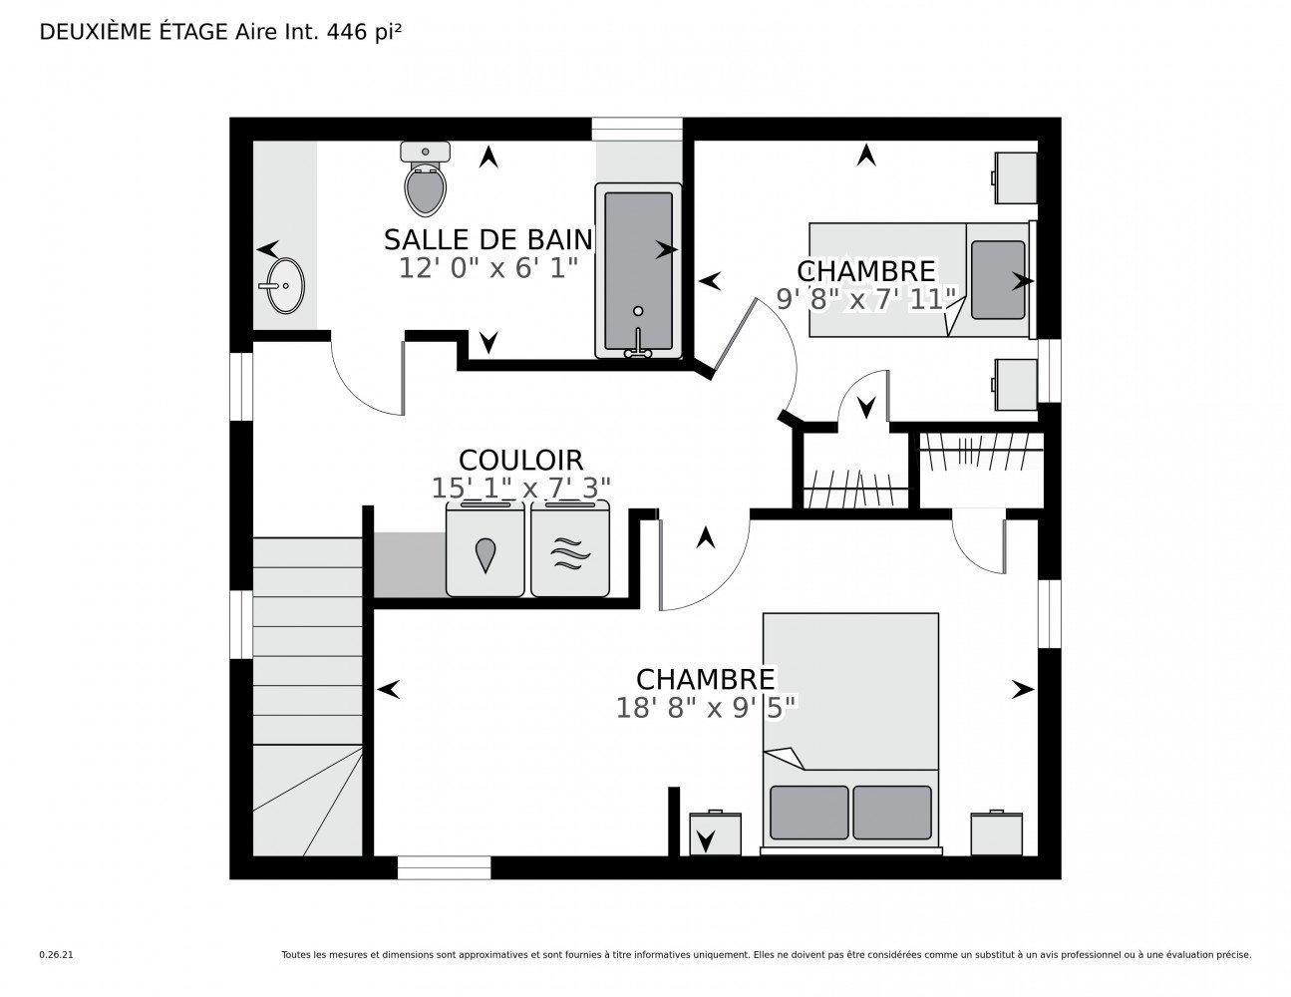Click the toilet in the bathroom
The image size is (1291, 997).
[426, 182]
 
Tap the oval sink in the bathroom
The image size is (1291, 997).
[283, 285]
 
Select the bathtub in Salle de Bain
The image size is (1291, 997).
[638, 269]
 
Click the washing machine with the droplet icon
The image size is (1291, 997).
[485, 551]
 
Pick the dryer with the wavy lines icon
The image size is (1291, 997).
[568, 551]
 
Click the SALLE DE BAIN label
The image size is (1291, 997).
[487, 240]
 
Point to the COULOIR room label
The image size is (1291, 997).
[520, 460]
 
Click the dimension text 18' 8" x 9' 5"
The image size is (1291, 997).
[706, 707]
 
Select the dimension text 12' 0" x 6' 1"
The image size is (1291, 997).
[487, 268]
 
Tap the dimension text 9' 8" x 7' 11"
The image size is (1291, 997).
[866, 299]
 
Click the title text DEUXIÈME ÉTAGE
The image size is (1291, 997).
[134, 32]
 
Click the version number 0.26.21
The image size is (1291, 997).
[56, 954]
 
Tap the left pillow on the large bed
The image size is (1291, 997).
[808, 812]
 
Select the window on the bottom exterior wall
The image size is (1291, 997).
[444, 867]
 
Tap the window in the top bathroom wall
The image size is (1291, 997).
[637, 130]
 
